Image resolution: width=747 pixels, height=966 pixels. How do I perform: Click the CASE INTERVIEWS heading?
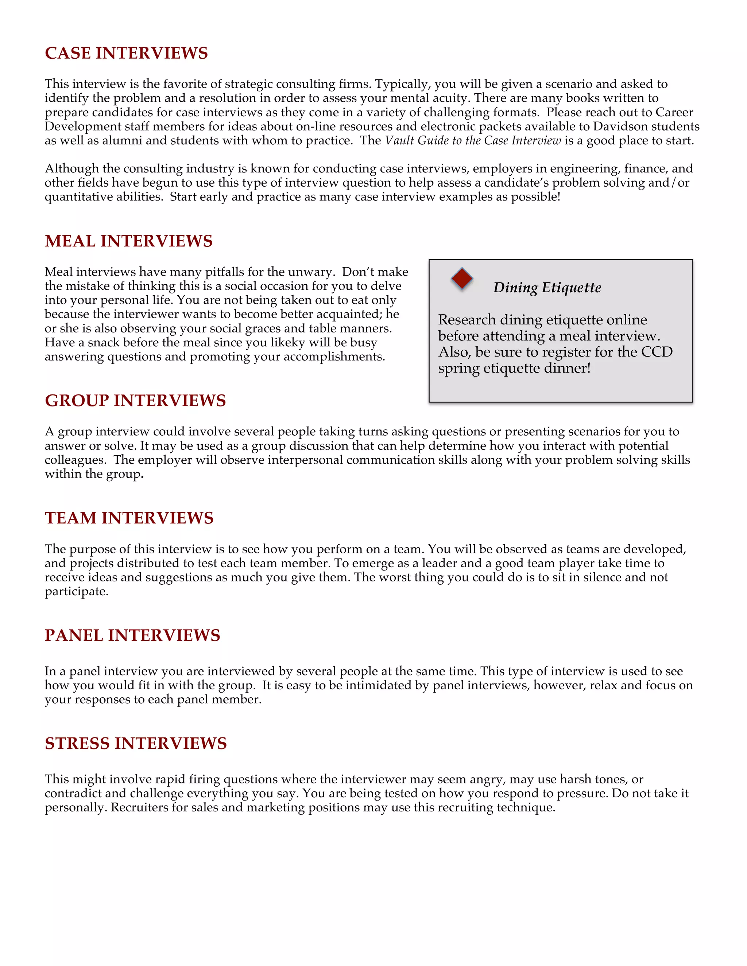126,53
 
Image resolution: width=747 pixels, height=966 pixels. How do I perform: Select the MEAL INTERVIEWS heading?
128,241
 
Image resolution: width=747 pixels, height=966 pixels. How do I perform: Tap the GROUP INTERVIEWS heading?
135,401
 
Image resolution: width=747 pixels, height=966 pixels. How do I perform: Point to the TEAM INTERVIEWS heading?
129,518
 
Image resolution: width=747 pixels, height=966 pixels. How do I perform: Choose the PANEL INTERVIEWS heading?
132,636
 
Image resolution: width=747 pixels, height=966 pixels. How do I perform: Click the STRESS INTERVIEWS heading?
135,744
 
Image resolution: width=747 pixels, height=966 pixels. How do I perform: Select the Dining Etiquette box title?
547,288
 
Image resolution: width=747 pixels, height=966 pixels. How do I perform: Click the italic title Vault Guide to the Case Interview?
473,141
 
